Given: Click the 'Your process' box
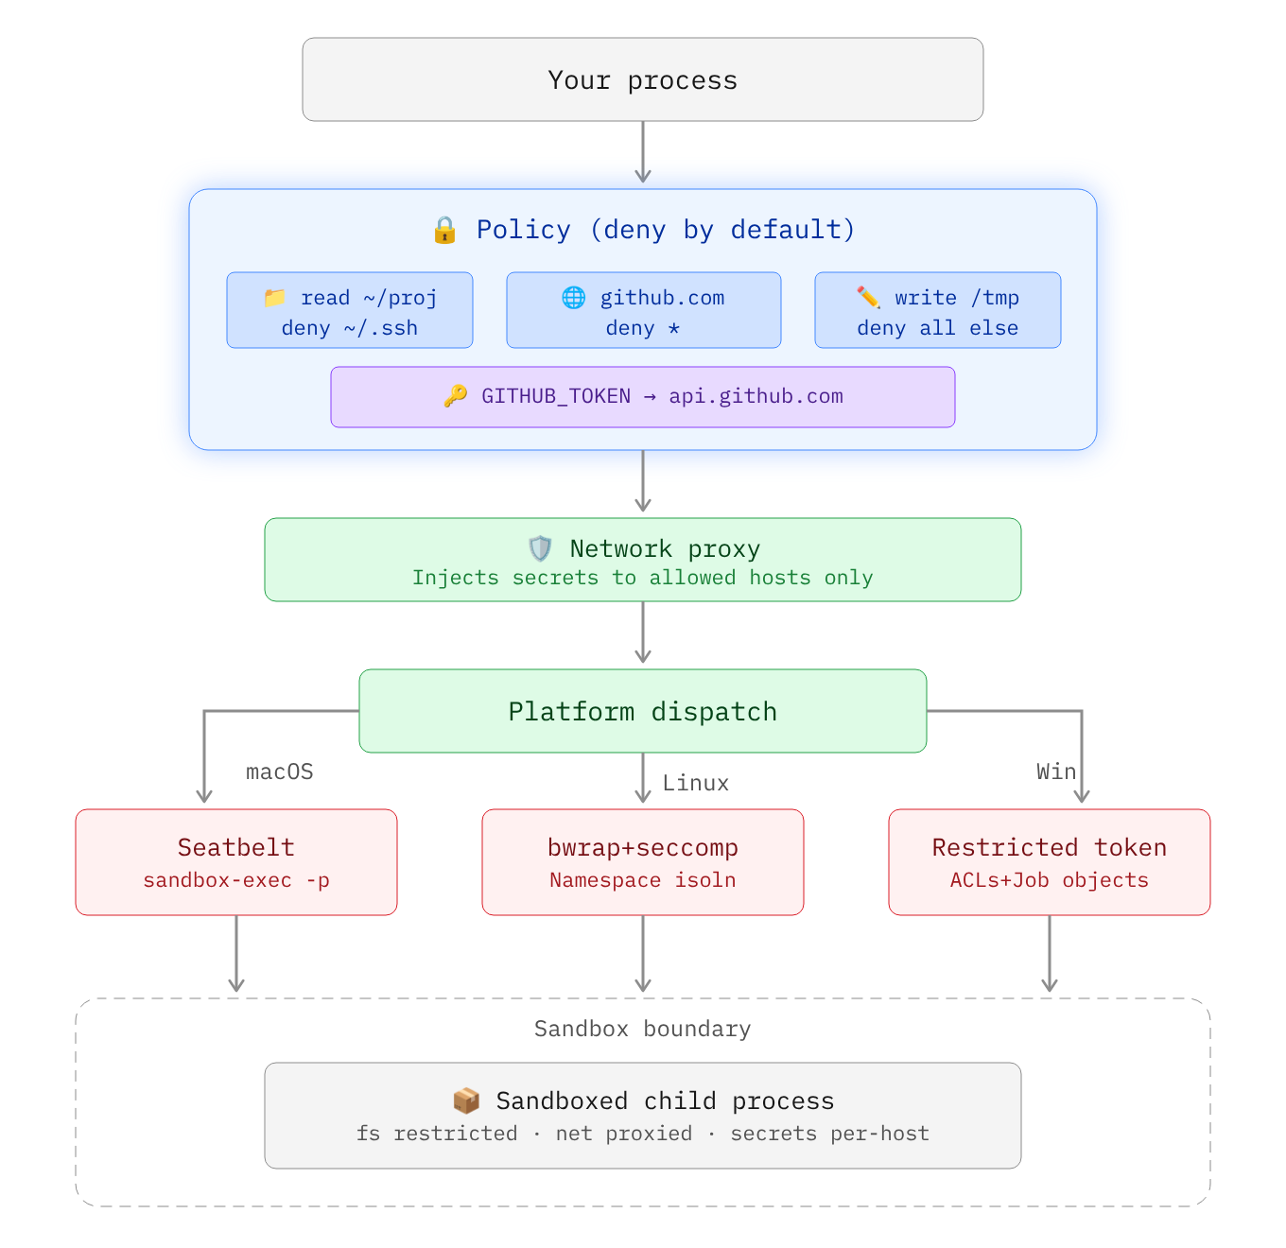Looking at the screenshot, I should (x=643, y=79).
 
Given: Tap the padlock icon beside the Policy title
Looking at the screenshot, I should (x=444, y=230).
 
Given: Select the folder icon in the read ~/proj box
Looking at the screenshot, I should (x=275, y=298).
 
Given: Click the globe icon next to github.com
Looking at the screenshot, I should (x=574, y=298).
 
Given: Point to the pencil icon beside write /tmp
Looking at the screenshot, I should (x=868, y=298).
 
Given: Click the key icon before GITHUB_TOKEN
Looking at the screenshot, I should (x=456, y=396).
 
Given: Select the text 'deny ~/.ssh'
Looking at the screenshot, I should (x=349, y=328).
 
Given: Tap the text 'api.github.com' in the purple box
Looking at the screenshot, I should (x=756, y=396).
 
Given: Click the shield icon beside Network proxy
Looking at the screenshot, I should (x=540, y=548).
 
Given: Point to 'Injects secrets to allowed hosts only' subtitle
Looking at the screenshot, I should (x=643, y=578).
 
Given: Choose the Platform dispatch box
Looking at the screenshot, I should (x=643, y=711).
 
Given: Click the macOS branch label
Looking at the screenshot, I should (x=280, y=771).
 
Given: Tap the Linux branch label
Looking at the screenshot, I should (x=695, y=783).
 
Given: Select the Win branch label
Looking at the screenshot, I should (x=1055, y=771).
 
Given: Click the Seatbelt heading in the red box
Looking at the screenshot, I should (x=236, y=847).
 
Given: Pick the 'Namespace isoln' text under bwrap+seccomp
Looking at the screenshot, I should (x=643, y=880).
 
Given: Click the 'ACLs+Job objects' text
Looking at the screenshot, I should (x=1050, y=880).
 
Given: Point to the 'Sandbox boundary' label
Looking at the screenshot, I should (x=643, y=1029).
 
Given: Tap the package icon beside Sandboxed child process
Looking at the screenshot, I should (x=466, y=1101).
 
